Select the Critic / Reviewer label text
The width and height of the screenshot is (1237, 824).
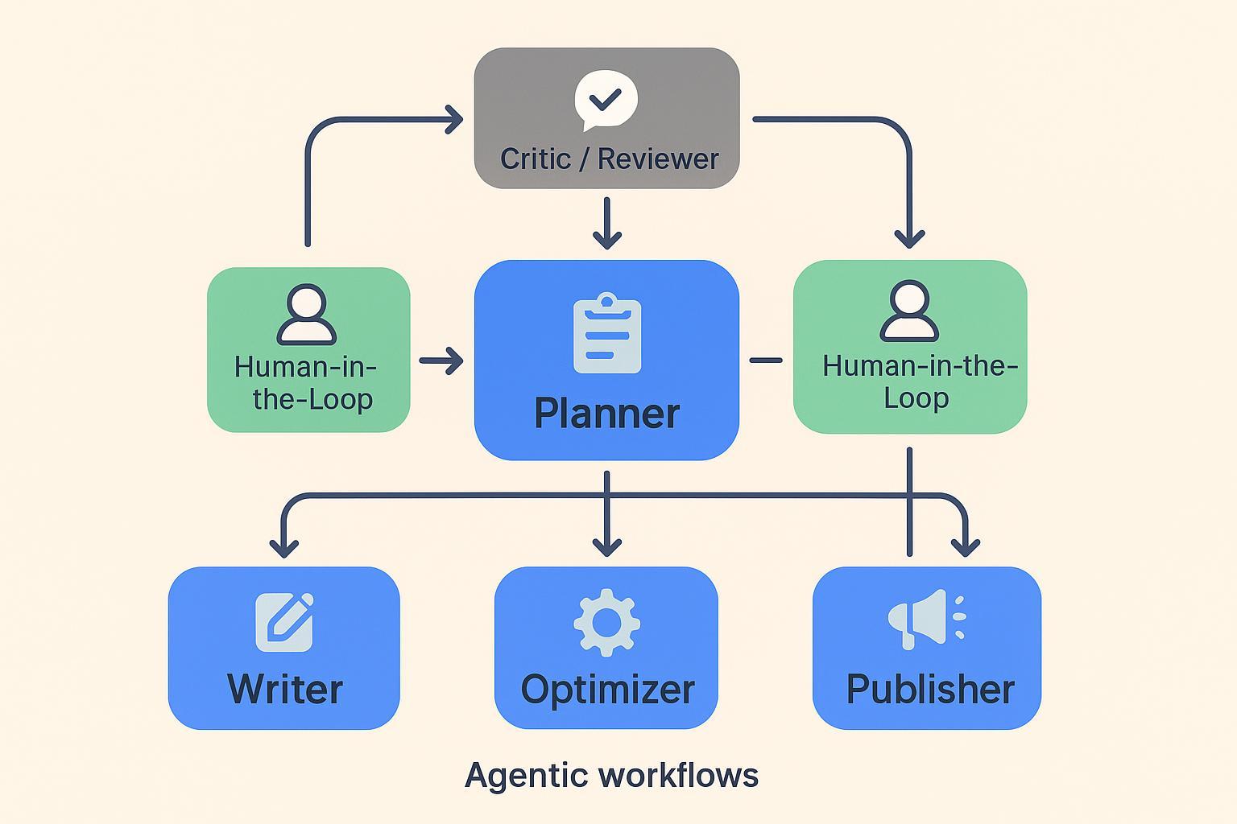(609, 159)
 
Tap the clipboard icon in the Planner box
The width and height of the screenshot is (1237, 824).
(607, 334)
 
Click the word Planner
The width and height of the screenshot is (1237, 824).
(606, 414)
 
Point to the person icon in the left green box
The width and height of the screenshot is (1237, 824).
(306, 315)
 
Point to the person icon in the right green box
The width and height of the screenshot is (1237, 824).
(909, 311)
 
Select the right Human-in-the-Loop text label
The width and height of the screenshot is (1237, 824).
(919, 382)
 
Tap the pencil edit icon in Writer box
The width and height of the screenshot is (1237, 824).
(284, 622)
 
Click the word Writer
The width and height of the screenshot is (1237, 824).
(285, 690)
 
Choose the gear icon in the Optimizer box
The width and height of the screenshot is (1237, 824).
(606, 622)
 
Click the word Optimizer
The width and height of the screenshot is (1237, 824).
(607, 690)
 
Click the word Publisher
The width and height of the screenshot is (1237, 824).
(930, 690)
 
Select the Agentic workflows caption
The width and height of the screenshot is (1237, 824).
(611, 776)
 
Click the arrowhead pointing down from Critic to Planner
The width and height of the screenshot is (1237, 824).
(606, 240)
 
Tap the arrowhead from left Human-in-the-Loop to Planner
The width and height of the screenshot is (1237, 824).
(455, 360)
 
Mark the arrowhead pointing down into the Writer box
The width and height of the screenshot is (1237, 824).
(283, 549)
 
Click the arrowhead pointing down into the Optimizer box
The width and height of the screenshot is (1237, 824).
(606, 548)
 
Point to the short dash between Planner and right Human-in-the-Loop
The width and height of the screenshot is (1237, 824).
(766, 360)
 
